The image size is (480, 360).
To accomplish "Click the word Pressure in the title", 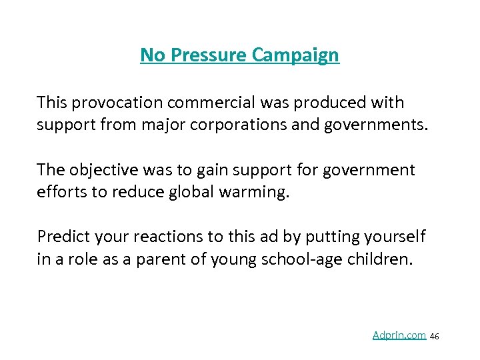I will (x=209, y=55).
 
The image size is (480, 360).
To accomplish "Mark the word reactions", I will (x=153, y=237).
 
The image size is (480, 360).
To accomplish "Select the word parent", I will (x=160, y=259).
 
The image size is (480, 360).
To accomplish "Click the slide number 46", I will (x=435, y=337).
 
